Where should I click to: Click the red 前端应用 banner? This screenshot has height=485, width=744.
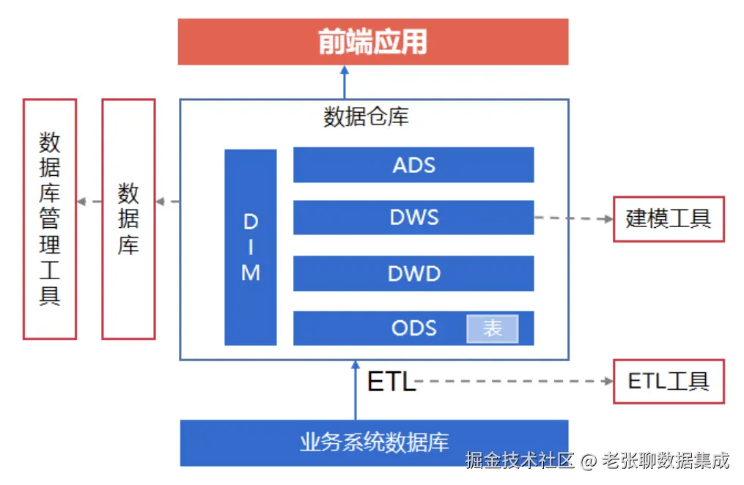(373, 42)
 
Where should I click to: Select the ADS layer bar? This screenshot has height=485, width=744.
(413, 165)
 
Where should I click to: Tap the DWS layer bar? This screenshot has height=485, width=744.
(413, 218)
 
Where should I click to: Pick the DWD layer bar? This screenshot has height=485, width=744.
(413, 273)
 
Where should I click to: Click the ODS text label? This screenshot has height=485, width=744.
(413, 327)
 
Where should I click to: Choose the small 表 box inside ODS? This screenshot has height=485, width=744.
(493, 329)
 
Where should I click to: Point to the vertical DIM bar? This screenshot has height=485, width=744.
(251, 247)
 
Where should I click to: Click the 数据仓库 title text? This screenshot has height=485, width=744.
(366, 117)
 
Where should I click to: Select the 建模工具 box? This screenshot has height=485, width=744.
(669, 218)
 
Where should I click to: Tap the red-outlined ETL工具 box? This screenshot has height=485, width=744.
(669, 381)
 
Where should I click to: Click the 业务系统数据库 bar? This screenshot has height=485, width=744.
(374, 443)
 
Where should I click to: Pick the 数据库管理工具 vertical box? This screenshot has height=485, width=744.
(50, 218)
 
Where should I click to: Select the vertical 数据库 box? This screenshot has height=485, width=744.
(128, 218)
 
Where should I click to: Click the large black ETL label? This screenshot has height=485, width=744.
(391, 382)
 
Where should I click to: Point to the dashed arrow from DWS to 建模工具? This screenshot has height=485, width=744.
(573, 218)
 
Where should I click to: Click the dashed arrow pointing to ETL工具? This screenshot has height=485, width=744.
(513, 381)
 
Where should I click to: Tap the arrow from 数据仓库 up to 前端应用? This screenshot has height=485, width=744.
(344, 82)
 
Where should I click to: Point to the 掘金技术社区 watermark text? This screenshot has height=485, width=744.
(520, 461)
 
